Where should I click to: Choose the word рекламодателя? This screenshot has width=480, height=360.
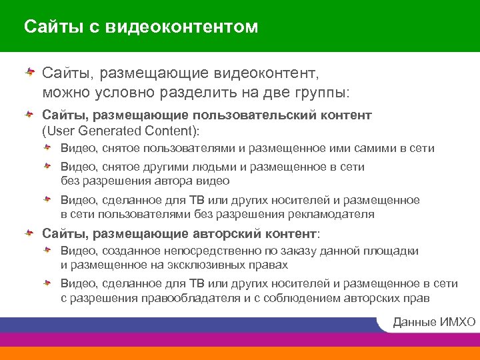(331, 214)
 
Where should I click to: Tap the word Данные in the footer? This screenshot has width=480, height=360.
(415, 323)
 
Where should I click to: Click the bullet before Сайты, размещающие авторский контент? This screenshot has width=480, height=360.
(30, 233)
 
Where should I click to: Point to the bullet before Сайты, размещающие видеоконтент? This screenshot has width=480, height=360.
(30, 70)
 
